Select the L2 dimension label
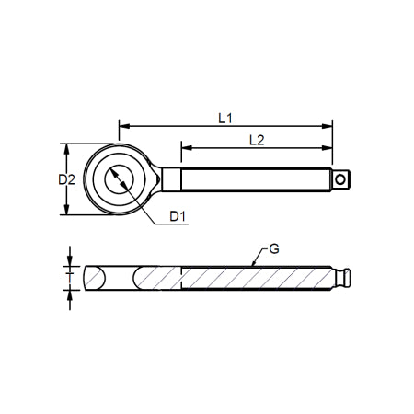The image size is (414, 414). point(257,139)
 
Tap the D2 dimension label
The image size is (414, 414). point(64,179)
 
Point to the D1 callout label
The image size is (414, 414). point(178,216)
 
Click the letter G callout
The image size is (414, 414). point(273,248)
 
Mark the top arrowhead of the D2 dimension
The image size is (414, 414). point(66,148)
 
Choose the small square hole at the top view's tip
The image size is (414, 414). point(342,178)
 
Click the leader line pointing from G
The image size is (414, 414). point(259,258)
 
